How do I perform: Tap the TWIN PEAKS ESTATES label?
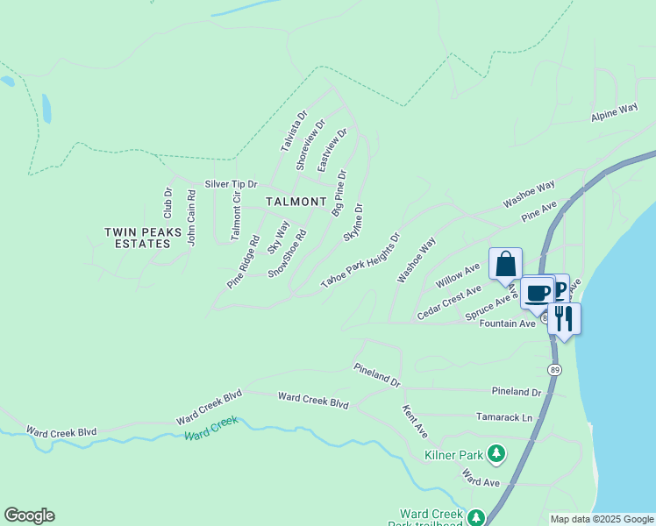tap(142, 238)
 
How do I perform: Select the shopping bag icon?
tap(505, 263)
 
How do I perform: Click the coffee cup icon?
tap(538, 291)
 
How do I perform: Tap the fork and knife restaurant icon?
tap(564, 317)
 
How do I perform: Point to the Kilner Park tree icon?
tap(496, 453)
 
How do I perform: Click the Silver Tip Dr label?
tap(231, 184)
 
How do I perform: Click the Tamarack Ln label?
tap(503, 418)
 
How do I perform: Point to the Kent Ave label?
tap(415, 422)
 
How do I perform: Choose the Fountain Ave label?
tap(507, 323)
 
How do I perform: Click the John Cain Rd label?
tap(191, 218)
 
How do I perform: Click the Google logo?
tap(29, 515)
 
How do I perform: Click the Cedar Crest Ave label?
tap(449, 303)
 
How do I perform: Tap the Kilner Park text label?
tap(453, 455)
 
